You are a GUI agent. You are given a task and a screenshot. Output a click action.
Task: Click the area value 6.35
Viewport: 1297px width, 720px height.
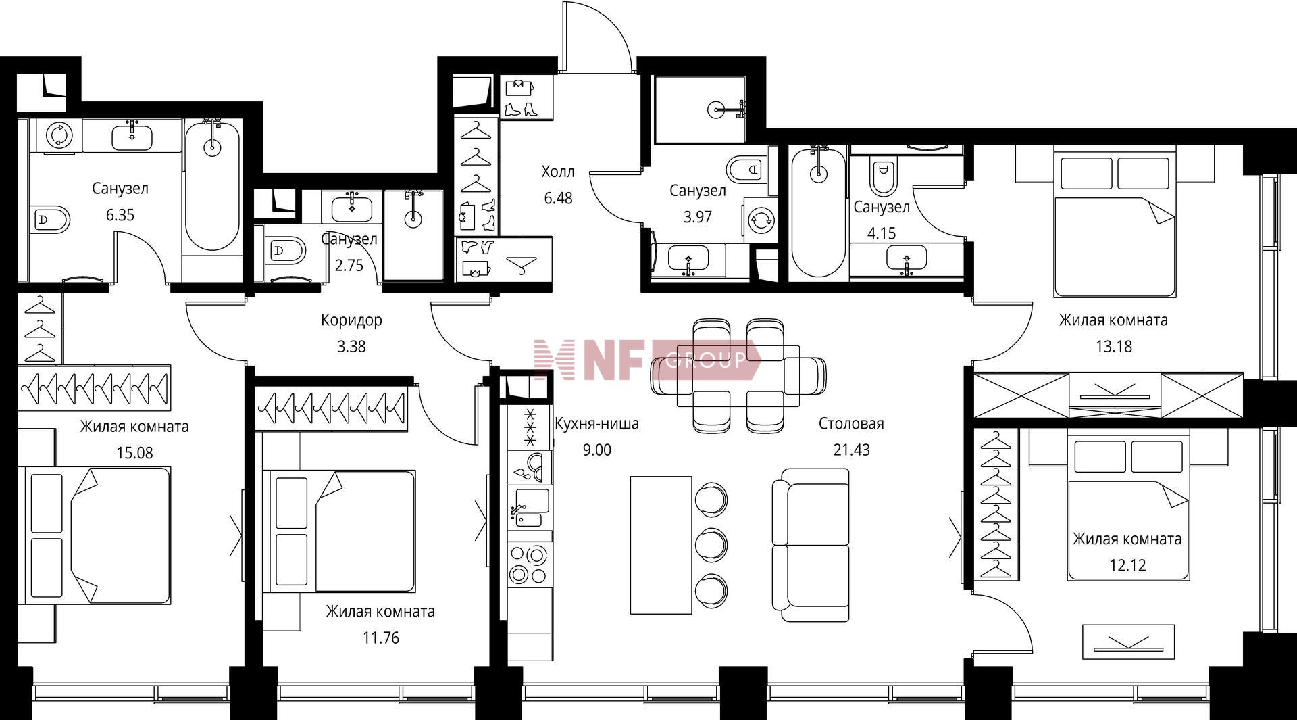pos(120,215)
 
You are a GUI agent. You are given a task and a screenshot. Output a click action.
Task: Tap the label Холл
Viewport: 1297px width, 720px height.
pos(558,172)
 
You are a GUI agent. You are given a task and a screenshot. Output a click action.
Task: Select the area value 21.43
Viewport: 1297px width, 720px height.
pos(851,450)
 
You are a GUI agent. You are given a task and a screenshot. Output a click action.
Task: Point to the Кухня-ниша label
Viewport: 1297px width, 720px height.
pos(596,424)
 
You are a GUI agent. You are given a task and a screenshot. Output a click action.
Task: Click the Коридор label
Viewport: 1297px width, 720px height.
pos(351,320)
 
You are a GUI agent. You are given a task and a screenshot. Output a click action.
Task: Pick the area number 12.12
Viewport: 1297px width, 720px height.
pos(1127,565)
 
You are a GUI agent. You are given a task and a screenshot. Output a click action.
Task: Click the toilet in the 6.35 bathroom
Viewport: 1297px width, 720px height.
pos(51,219)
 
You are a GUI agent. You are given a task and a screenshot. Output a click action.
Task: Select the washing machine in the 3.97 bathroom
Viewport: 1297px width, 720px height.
pos(761,219)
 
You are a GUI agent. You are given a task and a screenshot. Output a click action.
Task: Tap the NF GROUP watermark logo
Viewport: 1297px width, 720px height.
pos(646,360)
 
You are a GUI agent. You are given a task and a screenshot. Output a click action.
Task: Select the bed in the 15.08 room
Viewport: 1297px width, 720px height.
pos(97,535)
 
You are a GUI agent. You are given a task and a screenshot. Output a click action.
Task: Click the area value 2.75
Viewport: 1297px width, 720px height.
pos(349,266)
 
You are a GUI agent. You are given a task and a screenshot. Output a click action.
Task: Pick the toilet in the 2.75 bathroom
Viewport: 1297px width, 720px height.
pos(284,251)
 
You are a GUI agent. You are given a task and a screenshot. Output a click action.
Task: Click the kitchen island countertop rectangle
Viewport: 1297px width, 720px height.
pos(661,545)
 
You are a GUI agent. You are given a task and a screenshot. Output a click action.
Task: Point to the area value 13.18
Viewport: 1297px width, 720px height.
pos(1113,347)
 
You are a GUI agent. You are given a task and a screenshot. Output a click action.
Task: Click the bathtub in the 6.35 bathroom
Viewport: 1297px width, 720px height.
pos(212,186)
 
